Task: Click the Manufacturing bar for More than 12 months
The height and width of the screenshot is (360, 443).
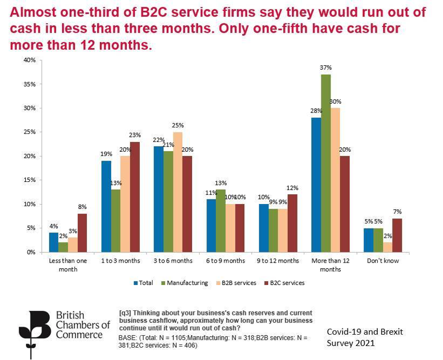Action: [x=326, y=163]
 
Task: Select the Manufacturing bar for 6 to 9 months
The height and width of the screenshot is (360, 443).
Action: [x=221, y=221]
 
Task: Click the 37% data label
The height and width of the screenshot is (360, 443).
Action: [x=326, y=68]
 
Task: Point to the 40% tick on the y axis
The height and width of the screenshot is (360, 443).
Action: [x=29, y=60]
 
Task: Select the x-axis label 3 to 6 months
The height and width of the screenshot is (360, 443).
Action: [x=173, y=261]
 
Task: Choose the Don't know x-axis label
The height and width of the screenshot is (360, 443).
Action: [x=383, y=261]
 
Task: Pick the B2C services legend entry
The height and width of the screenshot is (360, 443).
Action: [x=286, y=283]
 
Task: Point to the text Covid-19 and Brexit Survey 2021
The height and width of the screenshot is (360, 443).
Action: [x=364, y=337]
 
